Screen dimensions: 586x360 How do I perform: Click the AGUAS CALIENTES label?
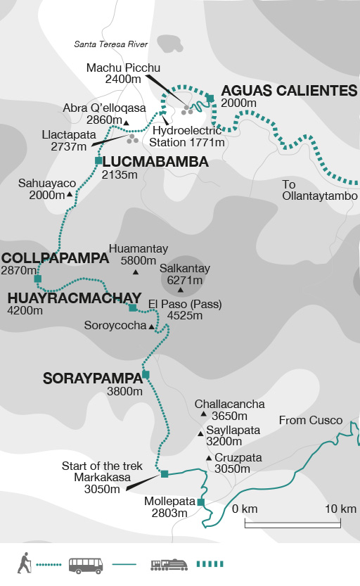tap(290, 91)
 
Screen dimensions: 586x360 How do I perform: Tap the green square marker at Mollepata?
tap(201, 502)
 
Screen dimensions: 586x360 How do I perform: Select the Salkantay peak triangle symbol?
tap(181, 290)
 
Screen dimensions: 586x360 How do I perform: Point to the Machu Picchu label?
tap(124, 68)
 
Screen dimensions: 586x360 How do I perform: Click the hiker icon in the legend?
tap(24, 563)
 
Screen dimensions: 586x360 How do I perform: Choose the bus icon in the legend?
tap(86, 564)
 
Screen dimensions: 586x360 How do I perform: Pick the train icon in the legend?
tap(169, 564)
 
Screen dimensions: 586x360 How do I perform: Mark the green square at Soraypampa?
tap(146, 374)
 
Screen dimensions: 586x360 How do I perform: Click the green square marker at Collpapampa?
tap(38, 279)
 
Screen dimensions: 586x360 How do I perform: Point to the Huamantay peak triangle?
tap(136, 272)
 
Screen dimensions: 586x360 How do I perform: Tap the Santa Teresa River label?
tap(111, 44)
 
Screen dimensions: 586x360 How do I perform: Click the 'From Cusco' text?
tap(311, 421)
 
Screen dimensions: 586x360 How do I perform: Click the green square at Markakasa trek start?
tap(165, 474)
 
